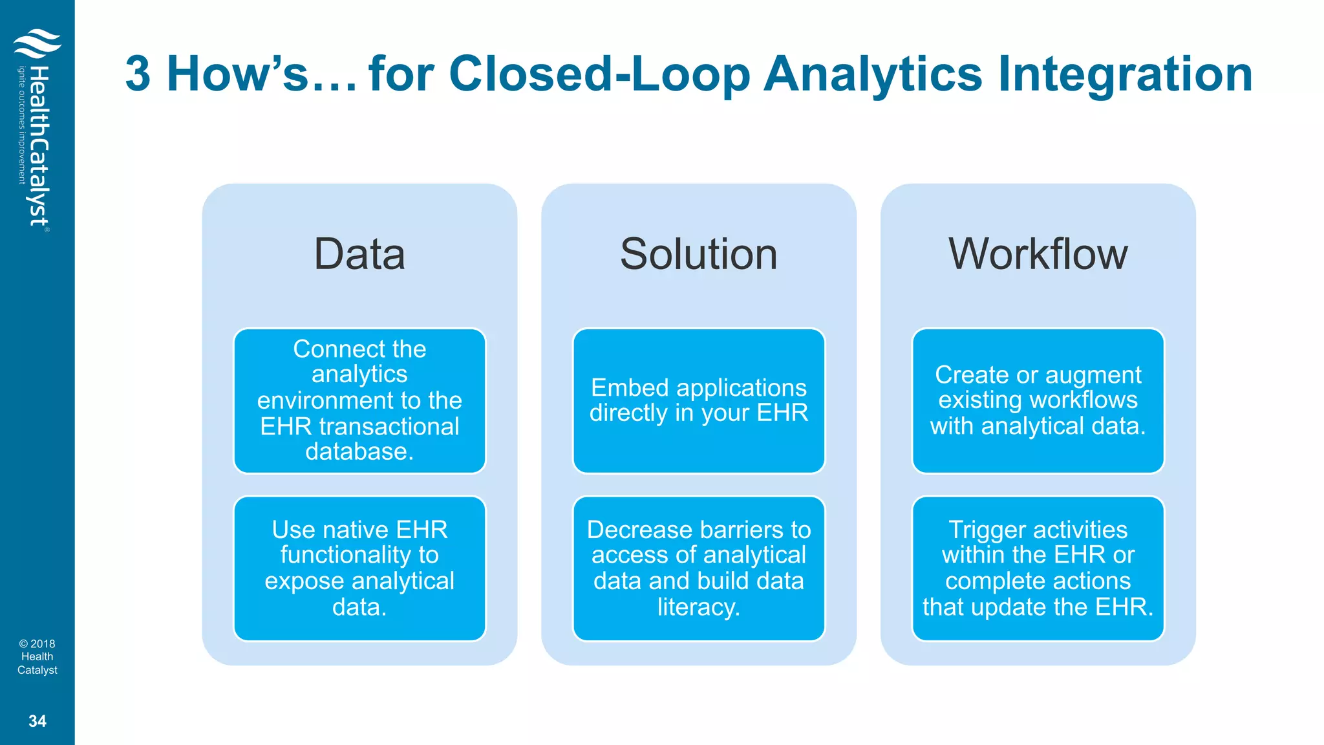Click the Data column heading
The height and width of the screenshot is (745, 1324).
(359, 254)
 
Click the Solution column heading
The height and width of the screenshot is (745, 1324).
(698, 254)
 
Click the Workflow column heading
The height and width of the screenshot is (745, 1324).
(1038, 254)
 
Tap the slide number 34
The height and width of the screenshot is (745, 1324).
(37, 721)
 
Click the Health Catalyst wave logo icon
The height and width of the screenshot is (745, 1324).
(37, 43)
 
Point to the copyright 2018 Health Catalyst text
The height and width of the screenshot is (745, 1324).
(37, 656)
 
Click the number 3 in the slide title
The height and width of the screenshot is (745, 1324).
(138, 74)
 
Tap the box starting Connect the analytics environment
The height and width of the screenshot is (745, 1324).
(359, 400)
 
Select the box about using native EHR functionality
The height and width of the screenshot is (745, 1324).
(359, 568)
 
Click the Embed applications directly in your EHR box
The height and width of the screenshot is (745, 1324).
(698, 400)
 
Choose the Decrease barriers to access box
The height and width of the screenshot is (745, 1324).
(698, 568)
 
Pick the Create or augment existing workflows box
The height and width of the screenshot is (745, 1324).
(1038, 400)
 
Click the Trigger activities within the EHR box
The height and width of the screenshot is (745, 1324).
(1038, 568)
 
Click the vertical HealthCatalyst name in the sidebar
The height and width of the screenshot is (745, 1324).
(39, 146)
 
